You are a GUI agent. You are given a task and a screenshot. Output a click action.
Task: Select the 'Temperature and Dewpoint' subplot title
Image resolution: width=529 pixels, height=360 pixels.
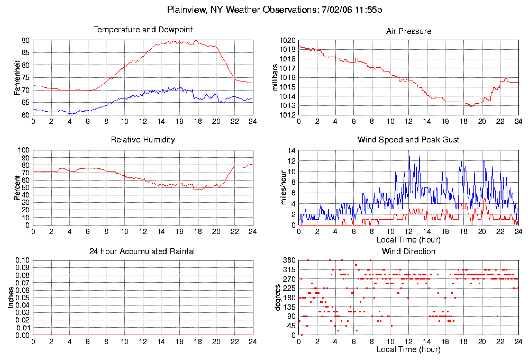coord(143,30)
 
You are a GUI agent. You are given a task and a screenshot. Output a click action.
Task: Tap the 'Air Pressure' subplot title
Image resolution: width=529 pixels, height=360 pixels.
coord(408,31)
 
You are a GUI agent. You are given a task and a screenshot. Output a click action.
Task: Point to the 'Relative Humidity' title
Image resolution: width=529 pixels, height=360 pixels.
coord(143,140)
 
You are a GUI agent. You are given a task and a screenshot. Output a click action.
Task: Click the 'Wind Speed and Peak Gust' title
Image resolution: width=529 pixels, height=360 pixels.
coord(408,140)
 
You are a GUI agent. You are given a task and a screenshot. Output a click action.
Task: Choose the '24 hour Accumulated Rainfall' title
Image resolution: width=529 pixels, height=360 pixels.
coord(143,251)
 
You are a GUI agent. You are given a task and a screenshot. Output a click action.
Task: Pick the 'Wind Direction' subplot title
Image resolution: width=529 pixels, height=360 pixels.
coord(408,251)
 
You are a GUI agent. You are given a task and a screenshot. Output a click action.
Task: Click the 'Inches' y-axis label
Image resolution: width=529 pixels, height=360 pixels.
coord(11,298)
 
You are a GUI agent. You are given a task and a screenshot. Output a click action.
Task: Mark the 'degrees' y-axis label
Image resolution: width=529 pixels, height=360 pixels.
coord(279,298)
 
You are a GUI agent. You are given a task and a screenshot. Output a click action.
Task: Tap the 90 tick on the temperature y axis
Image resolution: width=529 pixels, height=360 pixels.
coord(25,40)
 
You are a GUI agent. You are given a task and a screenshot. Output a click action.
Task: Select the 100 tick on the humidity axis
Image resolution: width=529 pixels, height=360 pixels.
coord(23,150)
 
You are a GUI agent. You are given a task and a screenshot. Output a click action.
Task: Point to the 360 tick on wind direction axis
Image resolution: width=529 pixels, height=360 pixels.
coord(289,260)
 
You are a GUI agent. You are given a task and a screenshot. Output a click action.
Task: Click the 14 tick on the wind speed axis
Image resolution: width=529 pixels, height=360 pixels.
coord(291,150)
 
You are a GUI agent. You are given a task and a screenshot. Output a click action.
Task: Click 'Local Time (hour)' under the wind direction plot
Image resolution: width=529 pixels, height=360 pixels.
coord(408,349)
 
